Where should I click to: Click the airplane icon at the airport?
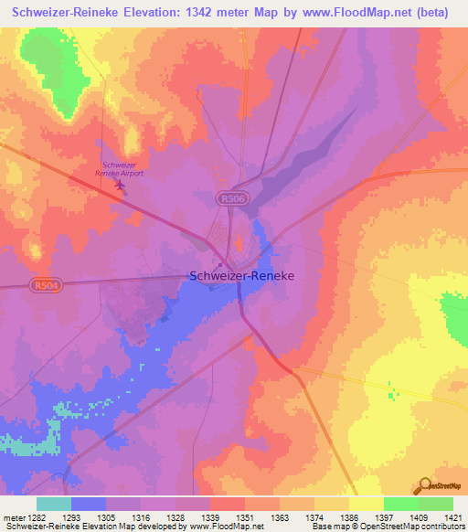(x=121, y=186)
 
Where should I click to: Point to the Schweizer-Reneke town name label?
(x=241, y=274)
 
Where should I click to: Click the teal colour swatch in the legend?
(x=53, y=504)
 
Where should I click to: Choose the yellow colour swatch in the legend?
(x=366, y=504)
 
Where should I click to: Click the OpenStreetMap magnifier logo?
(x=423, y=485)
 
